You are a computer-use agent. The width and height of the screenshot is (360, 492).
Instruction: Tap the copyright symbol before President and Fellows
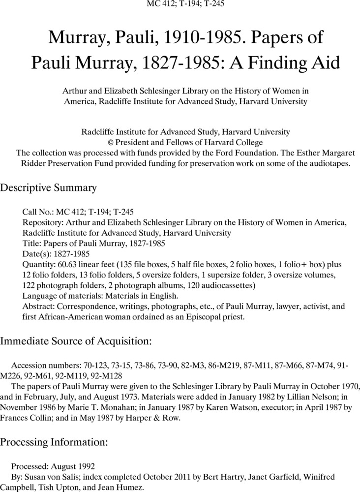tap(111, 142)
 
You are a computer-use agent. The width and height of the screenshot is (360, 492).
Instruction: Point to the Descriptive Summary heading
tap(48, 188)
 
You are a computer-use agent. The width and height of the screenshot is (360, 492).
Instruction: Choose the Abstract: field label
tap(38, 307)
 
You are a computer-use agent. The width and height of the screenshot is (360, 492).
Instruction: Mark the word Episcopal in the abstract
tap(185, 317)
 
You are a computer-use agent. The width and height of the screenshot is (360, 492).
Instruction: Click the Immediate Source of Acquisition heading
tap(76, 340)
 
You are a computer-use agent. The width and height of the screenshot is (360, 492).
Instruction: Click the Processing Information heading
tap(54, 442)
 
